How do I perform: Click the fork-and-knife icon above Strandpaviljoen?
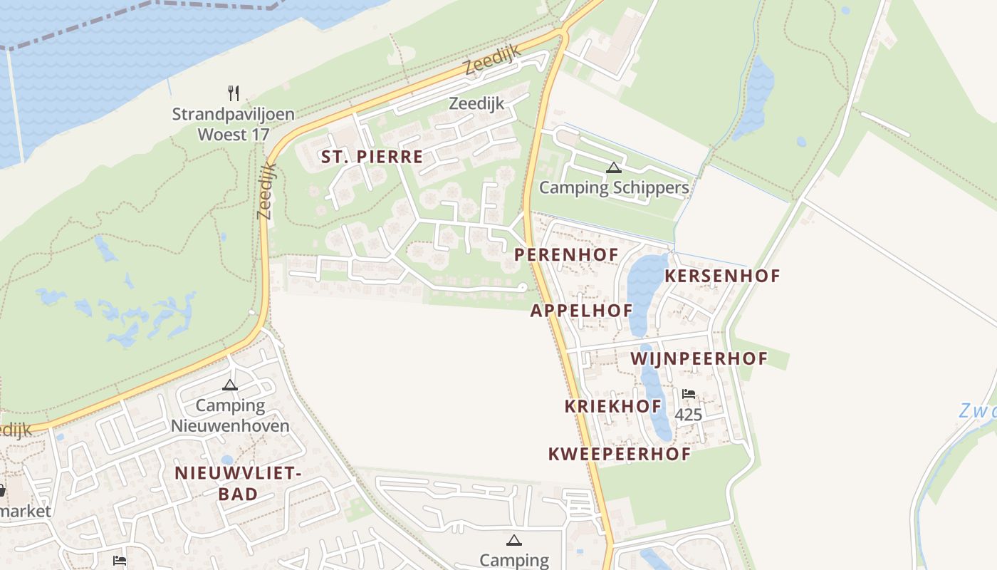(234, 93)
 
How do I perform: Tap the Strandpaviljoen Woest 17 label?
(233, 124)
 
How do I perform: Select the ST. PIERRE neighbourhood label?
(372, 157)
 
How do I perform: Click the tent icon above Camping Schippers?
(613, 168)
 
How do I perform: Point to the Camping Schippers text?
(614, 187)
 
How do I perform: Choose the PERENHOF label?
(566, 254)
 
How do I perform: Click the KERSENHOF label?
(722, 276)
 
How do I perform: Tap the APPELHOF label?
(581, 311)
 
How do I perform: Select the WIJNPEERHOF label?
(699, 358)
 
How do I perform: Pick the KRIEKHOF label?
(612, 406)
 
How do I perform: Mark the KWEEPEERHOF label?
(619, 454)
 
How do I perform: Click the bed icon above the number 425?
(688, 394)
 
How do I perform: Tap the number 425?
(688, 414)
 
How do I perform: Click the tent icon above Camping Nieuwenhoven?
(229, 385)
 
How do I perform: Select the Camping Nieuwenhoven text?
(230, 416)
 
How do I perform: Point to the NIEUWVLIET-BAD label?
(237, 482)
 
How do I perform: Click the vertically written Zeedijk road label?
(266, 190)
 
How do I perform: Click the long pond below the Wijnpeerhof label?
(657, 406)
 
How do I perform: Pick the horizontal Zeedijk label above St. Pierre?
(476, 103)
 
